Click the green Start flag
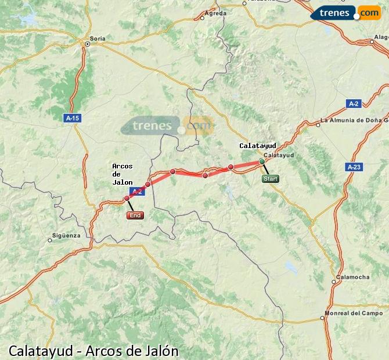coord(271,179)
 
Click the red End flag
coord(135,215)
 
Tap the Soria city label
coord(98,38)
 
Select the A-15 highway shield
coord(73,118)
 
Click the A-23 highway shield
coord(354,167)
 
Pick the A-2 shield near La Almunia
coord(354,103)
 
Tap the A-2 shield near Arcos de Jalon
coord(136,191)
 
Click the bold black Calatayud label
coord(257,146)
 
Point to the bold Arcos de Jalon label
coord(122,174)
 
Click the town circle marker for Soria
coord(88,44)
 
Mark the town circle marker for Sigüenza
coord(50,240)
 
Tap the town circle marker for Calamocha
coord(334,282)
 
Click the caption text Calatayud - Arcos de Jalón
coord(93,351)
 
